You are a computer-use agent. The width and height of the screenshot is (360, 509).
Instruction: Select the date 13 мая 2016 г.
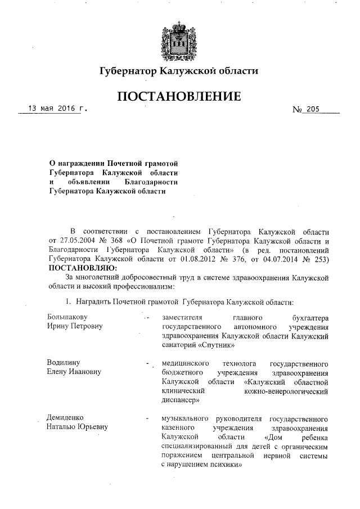(x=55, y=109)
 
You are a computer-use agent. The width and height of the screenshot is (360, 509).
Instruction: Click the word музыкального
(x=184, y=418)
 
